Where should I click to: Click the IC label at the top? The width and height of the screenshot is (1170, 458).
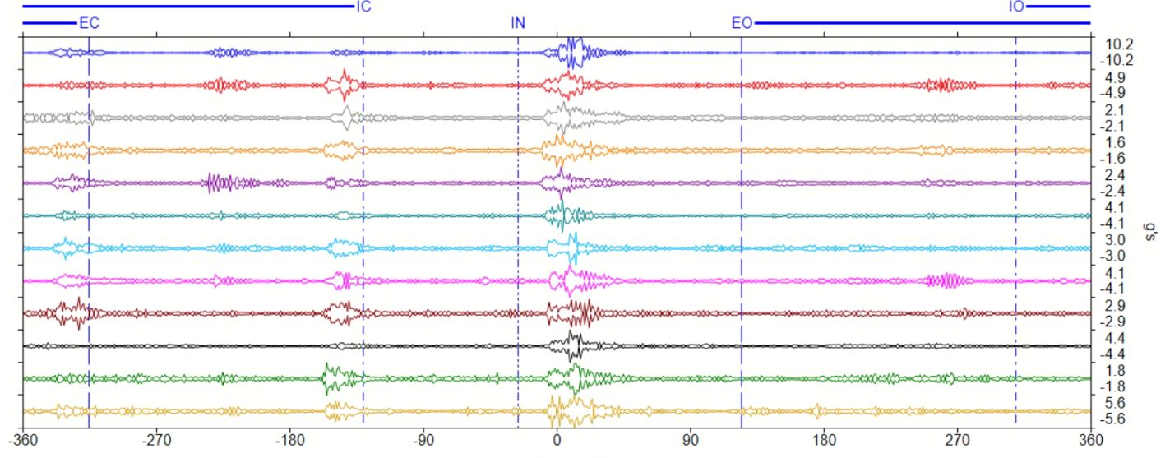(363, 7)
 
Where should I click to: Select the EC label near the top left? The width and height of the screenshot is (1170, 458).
(89, 23)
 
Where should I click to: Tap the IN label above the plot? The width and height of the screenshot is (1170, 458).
(518, 23)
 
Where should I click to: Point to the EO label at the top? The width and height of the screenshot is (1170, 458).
(742, 23)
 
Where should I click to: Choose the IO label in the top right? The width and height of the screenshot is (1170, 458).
(1016, 7)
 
